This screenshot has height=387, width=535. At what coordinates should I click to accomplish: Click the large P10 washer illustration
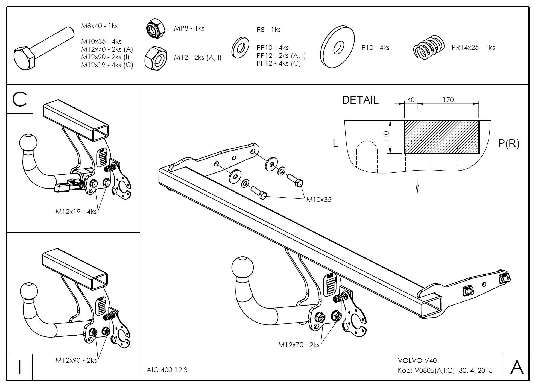pos(338,47)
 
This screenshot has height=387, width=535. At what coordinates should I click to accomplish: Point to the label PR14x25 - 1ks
pos(473,48)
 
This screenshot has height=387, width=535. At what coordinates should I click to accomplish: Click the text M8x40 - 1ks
pos(100,26)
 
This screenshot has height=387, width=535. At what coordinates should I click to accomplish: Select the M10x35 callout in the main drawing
pos(318,200)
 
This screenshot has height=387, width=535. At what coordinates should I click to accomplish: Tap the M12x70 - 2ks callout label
pos(299,345)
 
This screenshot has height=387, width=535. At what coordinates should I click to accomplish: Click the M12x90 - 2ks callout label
pos(76,360)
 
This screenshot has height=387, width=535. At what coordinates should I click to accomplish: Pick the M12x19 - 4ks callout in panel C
pos(76,212)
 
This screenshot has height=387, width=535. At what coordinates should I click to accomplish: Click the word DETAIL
pos(360,100)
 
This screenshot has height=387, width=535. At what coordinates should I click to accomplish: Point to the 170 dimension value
pos(448,100)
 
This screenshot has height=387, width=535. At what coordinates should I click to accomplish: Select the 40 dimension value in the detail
pos(411,100)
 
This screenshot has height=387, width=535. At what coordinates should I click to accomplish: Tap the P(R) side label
pos(508,143)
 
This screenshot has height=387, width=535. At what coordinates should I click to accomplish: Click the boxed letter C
pos(20,99)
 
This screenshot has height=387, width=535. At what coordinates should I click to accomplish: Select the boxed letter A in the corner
pos(516,367)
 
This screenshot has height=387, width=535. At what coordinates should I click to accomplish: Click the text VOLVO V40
pos(417,361)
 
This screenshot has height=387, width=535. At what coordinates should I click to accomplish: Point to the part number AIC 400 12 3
pos(167,370)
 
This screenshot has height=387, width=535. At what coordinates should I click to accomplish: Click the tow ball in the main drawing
pos(242,267)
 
